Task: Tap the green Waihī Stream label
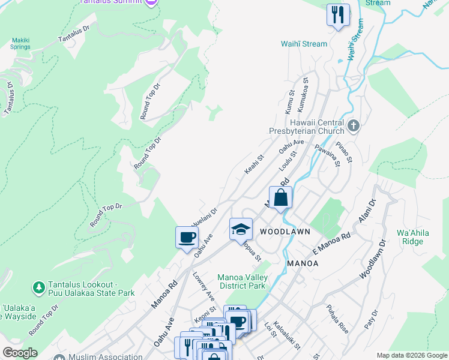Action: pyautogui.click(x=304, y=44)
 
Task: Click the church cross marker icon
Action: pyautogui.click(x=354, y=126)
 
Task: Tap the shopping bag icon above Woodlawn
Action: pyautogui.click(x=280, y=197)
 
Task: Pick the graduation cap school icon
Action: pyautogui.click(x=241, y=229)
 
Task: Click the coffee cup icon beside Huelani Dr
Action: pyautogui.click(x=187, y=237)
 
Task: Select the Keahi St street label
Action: pyautogui.click(x=255, y=166)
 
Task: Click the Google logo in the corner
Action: pyautogui.click(x=20, y=353)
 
